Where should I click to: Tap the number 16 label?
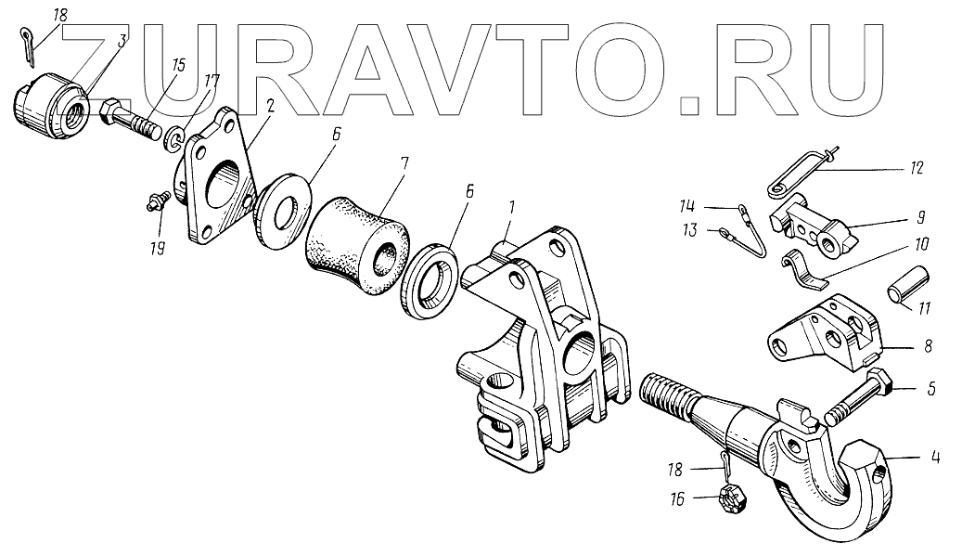point(678,499)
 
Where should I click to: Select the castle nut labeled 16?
point(732,499)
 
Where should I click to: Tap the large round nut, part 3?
point(50,104)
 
